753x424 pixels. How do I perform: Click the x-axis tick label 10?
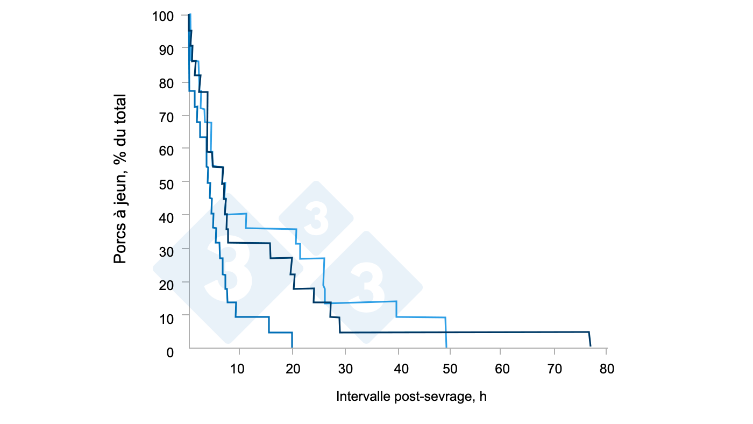237,369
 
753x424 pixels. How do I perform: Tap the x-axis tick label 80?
607,369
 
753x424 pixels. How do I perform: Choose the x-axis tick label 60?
502,369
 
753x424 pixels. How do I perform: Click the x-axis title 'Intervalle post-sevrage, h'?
411,397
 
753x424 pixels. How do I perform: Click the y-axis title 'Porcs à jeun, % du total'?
120,179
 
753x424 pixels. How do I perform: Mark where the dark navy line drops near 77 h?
590,339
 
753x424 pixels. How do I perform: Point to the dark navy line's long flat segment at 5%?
463,332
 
